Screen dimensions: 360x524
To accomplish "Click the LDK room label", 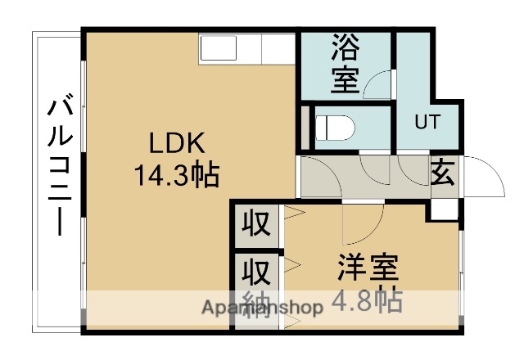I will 174,143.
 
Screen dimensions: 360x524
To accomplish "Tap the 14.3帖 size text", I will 174,174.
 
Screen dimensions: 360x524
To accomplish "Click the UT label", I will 427,123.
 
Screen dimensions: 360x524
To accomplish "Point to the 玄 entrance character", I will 442,173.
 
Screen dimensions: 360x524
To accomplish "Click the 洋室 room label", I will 368,268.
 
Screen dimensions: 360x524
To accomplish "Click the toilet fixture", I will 337,128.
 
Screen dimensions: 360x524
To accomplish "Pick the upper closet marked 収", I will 255,224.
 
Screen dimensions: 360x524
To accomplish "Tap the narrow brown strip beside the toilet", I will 306,127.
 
